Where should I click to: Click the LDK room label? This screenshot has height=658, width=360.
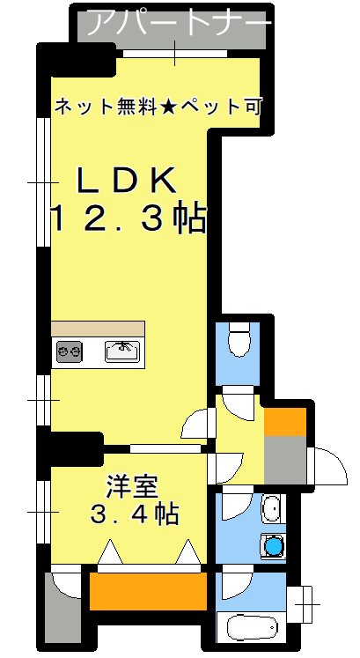pyautogui.click(x=128, y=180)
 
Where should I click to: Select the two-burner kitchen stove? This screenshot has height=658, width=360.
pyautogui.click(x=70, y=353)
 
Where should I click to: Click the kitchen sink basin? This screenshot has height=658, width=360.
pyautogui.click(x=122, y=352)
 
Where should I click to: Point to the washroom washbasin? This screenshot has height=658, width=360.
pyautogui.click(x=272, y=509)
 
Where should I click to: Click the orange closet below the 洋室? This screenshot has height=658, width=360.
pyautogui.click(x=147, y=589)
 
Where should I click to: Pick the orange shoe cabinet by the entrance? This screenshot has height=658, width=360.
pyautogui.click(x=284, y=420)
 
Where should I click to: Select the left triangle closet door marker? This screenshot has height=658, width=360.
pyautogui.click(x=109, y=553)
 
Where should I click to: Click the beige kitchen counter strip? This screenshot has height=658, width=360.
pyautogui.click(x=98, y=328)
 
